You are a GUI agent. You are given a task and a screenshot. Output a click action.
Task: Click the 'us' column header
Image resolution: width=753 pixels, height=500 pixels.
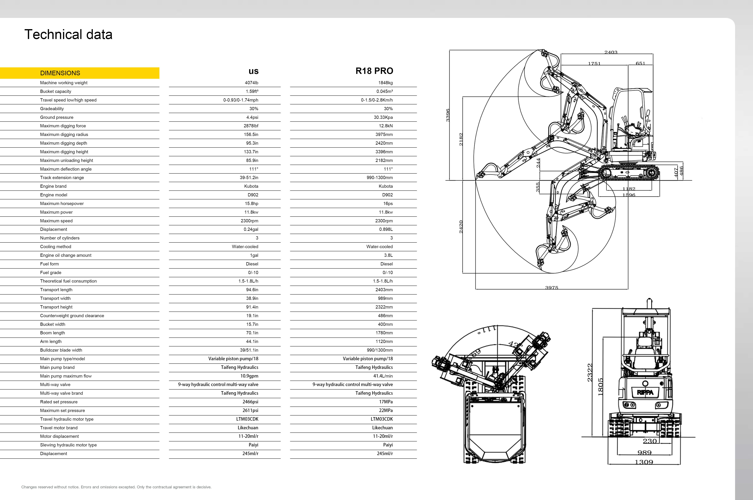pyautogui.click(x=254, y=71)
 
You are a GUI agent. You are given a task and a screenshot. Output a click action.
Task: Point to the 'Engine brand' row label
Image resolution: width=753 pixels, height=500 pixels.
pyautogui.click(x=53, y=186)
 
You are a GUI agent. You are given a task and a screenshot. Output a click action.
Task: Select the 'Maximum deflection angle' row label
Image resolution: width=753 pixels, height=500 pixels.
pyautogui.click(x=66, y=169)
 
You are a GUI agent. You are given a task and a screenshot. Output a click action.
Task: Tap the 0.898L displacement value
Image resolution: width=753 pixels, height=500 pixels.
pyautogui.click(x=386, y=229)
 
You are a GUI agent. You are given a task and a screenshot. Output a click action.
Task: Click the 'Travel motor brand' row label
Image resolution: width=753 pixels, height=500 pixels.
pyautogui.click(x=59, y=428)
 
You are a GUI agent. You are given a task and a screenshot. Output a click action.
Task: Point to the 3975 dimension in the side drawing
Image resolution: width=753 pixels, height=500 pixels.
pyautogui.click(x=551, y=288)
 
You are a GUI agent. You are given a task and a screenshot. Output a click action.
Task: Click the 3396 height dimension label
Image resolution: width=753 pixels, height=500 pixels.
pyautogui.click(x=448, y=115)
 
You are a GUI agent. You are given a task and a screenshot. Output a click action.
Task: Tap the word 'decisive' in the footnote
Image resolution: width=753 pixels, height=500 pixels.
pyautogui.click(x=203, y=487)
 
